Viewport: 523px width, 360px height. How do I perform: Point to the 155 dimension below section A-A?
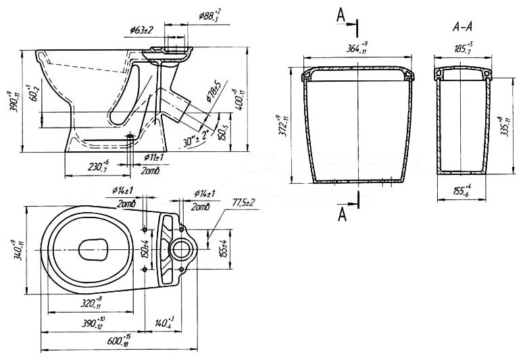(463, 191)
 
